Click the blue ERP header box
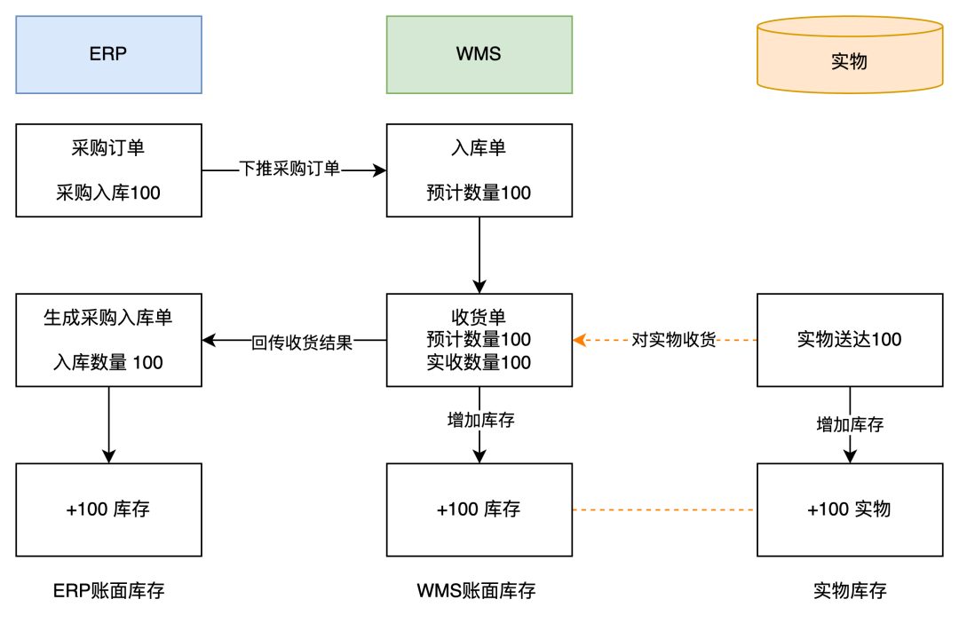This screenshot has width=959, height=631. coord(108,54)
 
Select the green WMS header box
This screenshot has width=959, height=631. coord(479,54)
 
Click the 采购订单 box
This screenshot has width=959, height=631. coord(108,170)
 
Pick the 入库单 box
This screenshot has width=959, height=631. coord(479,170)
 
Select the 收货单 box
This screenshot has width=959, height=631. coord(479,340)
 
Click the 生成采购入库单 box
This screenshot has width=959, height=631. coord(108,340)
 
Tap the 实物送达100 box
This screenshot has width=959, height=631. coord(849,340)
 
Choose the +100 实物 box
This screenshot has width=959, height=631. coord(849,509)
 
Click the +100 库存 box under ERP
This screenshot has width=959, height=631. coord(108,509)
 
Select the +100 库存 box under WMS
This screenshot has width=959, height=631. coord(479,509)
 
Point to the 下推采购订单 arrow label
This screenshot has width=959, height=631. coord(289,169)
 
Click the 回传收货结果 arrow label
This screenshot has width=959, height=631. coord(302,343)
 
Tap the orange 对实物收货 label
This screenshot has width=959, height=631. coord(673,340)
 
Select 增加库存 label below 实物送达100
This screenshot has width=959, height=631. coord(850,424)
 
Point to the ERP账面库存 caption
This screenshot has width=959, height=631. coord(108,591)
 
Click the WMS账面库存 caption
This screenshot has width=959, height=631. coord(476,591)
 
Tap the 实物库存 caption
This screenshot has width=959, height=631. coord(849,591)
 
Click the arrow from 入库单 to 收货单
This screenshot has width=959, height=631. coord(479,255)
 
